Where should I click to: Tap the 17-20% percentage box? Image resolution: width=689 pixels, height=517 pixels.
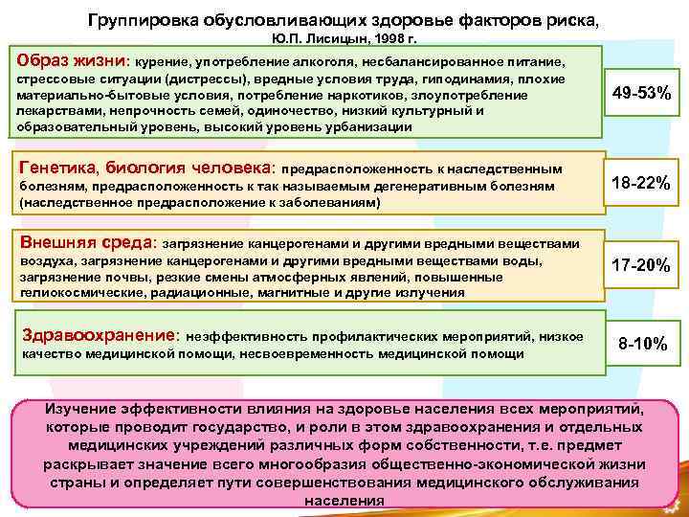click(641, 264)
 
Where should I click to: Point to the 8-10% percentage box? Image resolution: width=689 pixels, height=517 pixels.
click(643, 342)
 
